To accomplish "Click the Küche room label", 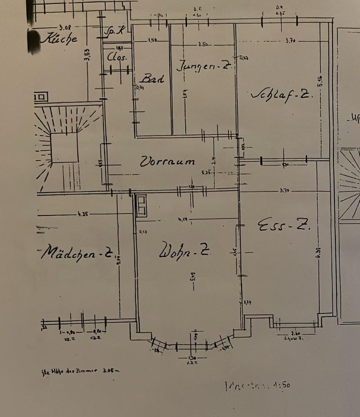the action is pos(60,38).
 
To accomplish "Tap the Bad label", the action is pos(152,79).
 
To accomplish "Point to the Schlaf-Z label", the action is pos(281,95).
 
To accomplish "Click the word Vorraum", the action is pos(167,162).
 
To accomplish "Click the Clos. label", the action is pos(117,57).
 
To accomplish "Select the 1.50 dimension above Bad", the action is pos(153,40).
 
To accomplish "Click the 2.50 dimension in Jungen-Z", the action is pos(203,44).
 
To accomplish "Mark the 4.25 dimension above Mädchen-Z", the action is pos(82,214).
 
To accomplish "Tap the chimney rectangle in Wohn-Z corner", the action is pos(141,205).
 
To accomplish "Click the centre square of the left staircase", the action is pos(64,148).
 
